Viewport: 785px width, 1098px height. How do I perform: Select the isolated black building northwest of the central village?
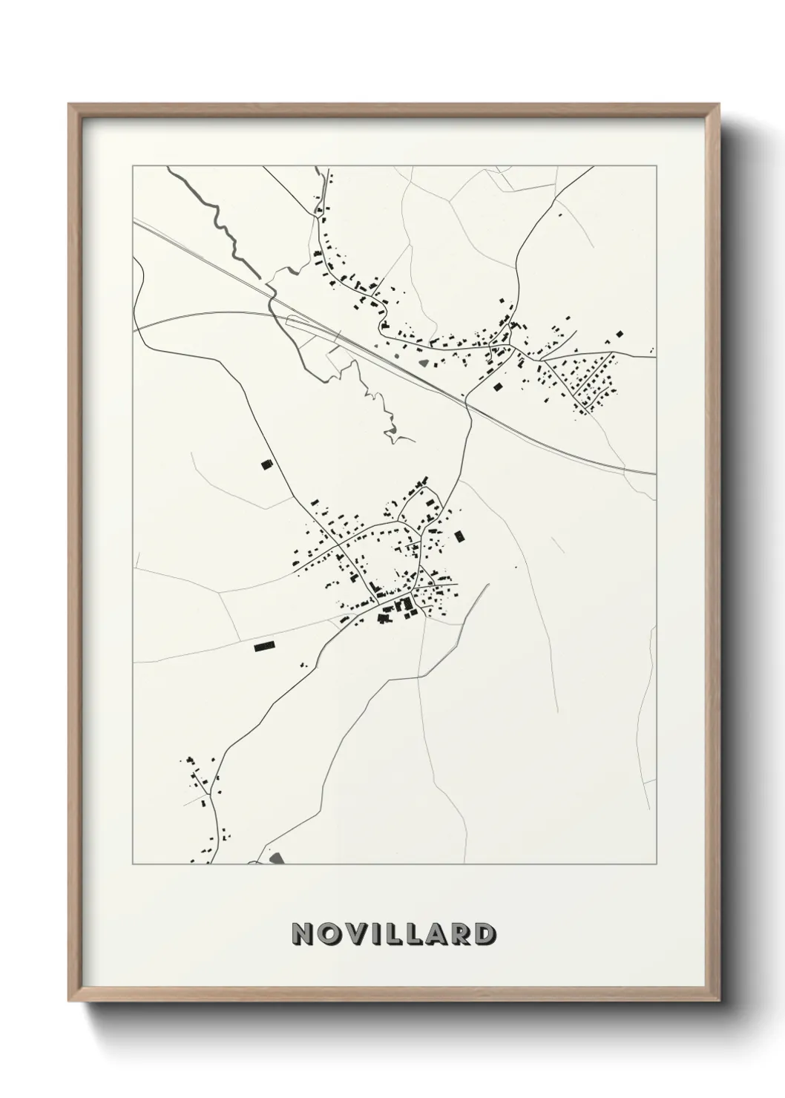(x=266, y=464)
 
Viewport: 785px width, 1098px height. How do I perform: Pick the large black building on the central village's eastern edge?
(x=459, y=536)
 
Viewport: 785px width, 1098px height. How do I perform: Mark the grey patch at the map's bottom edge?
(x=277, y=858)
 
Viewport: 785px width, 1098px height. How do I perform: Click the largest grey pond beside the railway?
(x=425, y=364)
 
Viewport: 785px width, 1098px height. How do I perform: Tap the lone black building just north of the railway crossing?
(x=497, y=386)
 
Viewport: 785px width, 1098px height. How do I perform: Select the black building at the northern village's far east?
(x=620, y=335)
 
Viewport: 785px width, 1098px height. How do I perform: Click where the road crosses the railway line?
(x=468, y=404)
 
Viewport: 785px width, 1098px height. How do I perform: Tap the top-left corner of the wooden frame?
(x=70, y=105)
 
